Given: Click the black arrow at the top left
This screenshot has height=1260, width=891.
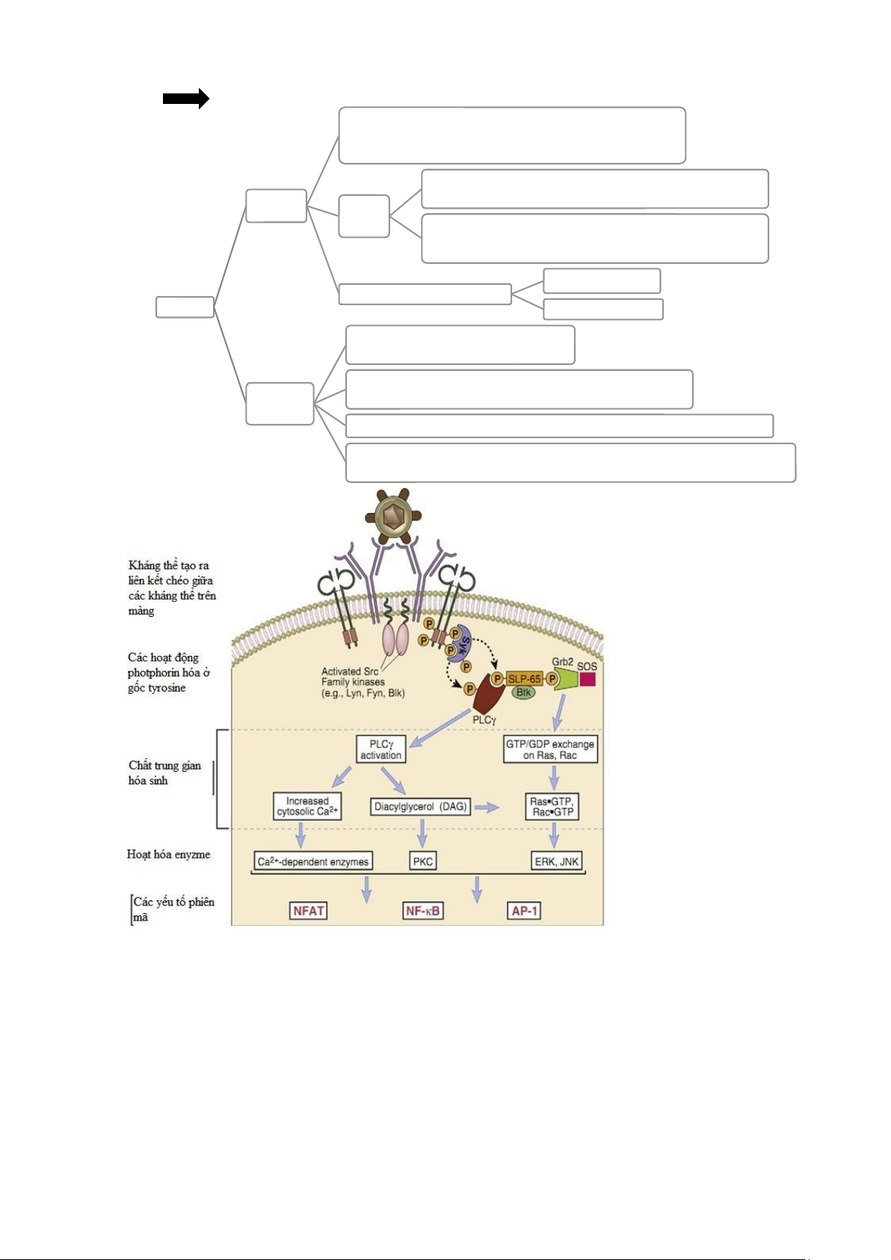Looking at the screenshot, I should pos(185,98).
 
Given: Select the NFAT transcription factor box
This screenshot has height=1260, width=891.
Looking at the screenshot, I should pos(309,911).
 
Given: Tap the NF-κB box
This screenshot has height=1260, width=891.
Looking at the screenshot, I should pos(423,911).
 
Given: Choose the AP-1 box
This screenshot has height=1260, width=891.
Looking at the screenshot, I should pos(525,911).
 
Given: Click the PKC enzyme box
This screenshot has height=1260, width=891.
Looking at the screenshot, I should pos(423,861).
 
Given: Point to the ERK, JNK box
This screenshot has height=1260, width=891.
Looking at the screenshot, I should pos(556,861).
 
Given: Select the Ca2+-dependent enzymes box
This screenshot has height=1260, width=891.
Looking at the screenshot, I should pos(313,861).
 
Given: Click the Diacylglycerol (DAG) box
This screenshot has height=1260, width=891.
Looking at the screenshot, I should pos(421,807).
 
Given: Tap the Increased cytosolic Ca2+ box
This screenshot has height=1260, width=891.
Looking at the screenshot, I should pos(307,806).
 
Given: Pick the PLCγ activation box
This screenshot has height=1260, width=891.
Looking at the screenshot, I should pos(380,749).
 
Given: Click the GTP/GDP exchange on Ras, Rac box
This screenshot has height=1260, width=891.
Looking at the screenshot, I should pos(550,749).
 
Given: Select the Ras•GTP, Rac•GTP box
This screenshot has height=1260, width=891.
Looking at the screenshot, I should pos(552,806).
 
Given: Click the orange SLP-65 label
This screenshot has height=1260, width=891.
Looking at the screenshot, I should pos(524,679).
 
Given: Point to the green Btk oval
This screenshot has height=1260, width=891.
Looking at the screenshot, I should pos(523,693).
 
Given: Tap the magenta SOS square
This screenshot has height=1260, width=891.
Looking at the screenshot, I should pos(588,679).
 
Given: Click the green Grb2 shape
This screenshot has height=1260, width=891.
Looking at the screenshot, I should pos(566,679).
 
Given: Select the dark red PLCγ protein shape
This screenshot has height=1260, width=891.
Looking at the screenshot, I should pos(490,695).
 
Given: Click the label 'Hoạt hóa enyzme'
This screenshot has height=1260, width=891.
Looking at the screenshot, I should pos(169,854).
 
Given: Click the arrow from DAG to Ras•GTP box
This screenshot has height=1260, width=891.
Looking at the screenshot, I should pos(487,808).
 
